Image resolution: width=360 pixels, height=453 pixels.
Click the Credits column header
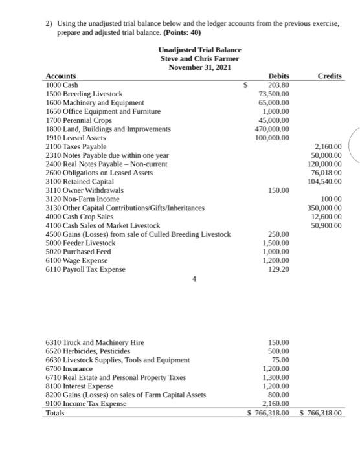[x=330, y=76]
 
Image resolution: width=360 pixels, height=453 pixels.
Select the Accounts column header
[x=60, y=76]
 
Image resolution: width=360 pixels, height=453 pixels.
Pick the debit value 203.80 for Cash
[x=278, y=85]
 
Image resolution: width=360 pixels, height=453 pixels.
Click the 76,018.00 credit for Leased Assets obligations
[x=327, y=173]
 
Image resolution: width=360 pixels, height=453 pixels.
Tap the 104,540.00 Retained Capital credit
[x=325, y=181]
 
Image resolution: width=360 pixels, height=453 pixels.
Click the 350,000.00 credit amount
[x=325, y=208]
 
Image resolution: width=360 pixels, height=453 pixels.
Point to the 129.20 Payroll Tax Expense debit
[x=278, y=269]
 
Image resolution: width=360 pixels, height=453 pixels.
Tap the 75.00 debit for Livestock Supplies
[x=281, y=359]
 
